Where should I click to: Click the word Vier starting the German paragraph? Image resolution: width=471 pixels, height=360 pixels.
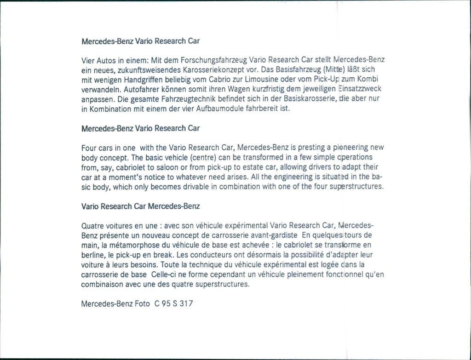(x=87, y=60)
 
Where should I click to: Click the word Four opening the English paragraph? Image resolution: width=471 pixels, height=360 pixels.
(x=89, y=148)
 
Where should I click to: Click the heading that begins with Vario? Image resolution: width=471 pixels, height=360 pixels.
(x=140, y=206)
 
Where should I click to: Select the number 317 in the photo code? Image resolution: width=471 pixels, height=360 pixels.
(x=187, y=304)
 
